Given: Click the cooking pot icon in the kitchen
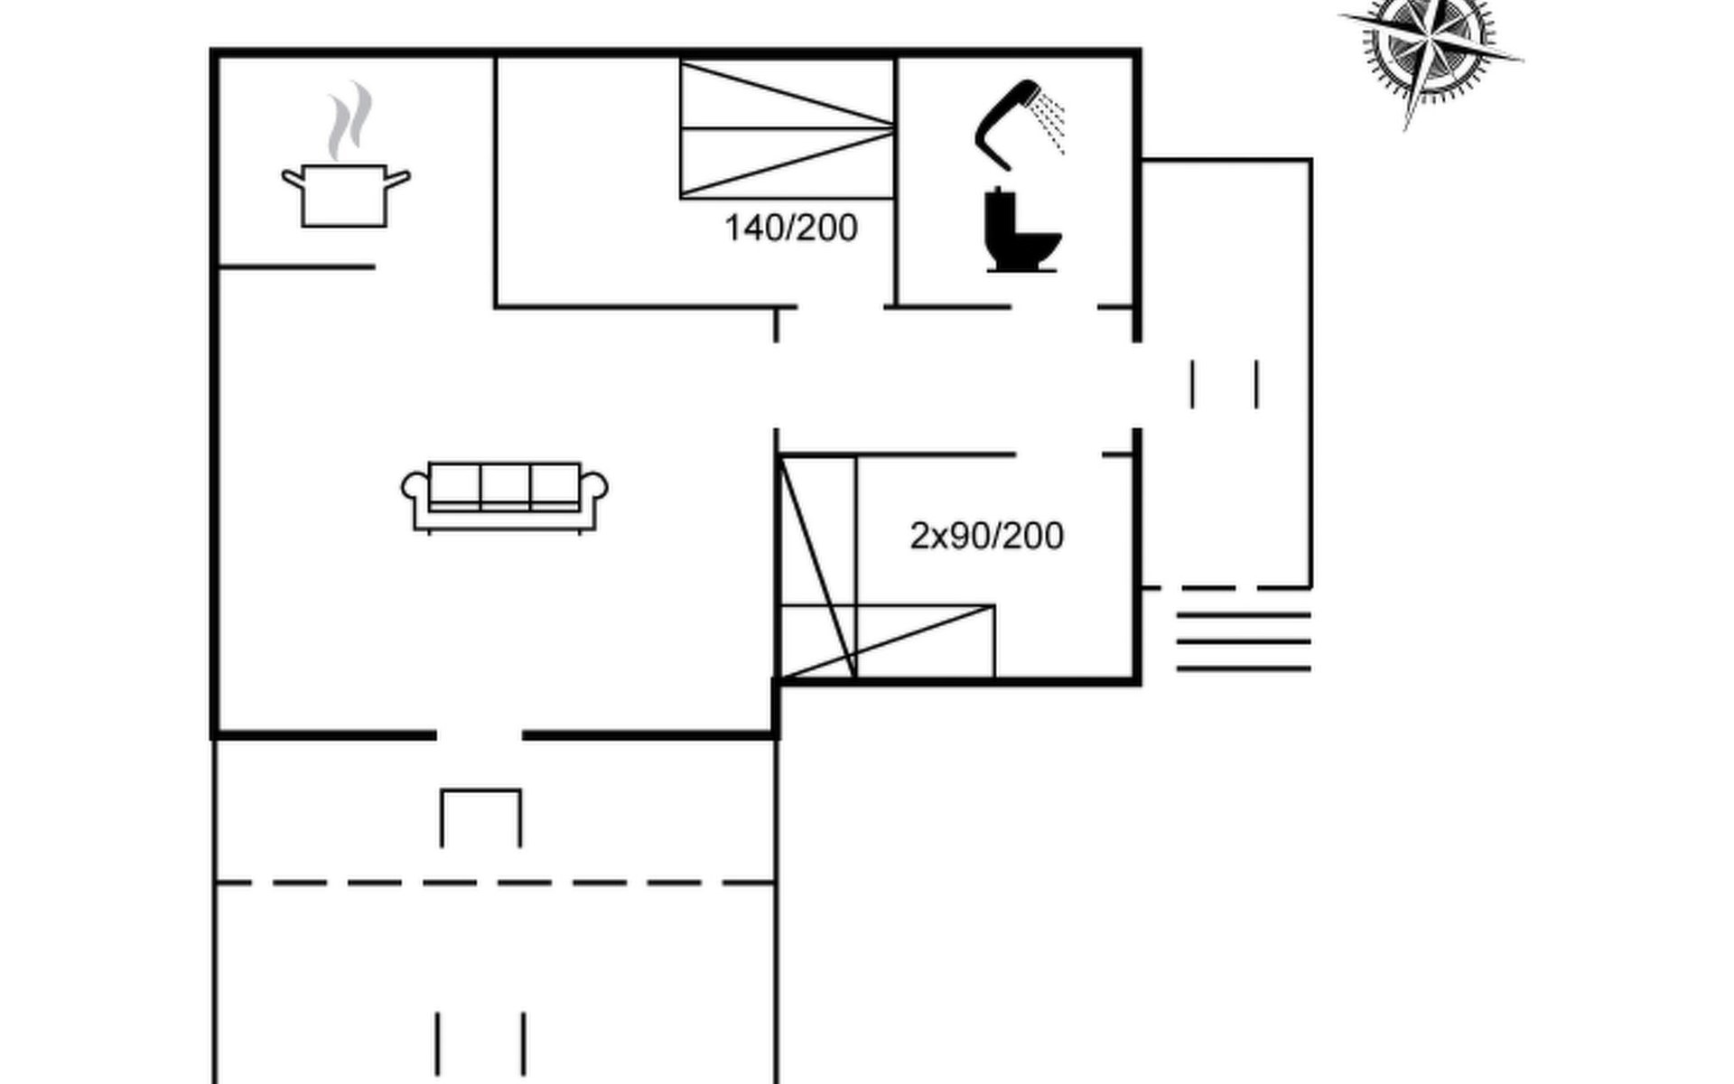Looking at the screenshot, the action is point(344,195).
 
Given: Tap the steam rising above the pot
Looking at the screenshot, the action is point(350,121).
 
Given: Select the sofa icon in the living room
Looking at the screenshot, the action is point(505,497).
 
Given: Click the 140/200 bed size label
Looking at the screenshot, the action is point(791,229).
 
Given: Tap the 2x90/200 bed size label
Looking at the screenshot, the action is point(986,537).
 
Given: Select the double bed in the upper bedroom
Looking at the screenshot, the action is point(788,129).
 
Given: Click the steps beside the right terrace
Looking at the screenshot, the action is point(1244,642).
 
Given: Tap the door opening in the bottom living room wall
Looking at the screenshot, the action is point(480,736).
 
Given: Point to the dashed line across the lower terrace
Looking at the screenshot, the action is point(495,883).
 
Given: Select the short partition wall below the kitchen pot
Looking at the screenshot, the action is point(296,266).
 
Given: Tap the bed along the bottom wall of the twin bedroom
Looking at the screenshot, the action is point(888,641).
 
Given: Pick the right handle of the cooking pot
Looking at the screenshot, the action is point(398,179).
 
